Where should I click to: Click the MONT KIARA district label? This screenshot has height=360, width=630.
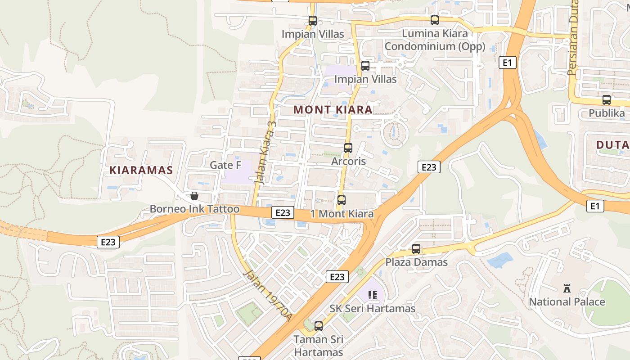pos(333,109)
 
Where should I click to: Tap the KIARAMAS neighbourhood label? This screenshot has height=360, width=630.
pos(141,170)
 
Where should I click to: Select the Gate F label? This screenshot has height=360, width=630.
pos(225,165)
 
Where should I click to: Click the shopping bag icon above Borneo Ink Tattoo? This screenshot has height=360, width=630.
pos(194,196)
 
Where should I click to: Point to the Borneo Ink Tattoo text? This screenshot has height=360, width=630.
pos(194,209)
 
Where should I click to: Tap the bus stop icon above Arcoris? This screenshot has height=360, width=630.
pos(348,148)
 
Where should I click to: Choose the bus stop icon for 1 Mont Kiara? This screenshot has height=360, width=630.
pos(341,200)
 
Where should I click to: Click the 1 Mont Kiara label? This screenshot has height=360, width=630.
pos(342,214)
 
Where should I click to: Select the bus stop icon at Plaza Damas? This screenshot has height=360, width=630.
pos(416,249)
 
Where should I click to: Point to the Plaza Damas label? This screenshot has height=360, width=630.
pos(416,262)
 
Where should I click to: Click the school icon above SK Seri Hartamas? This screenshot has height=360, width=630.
pos(372,295)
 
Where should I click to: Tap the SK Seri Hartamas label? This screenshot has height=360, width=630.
pos(372,309)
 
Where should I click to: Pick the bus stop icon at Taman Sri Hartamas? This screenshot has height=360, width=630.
pos(319,326)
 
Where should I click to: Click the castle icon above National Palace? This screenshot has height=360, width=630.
pos(567,288)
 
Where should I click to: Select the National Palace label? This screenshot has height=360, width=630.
pos(567,301)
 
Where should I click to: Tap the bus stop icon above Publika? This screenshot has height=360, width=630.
pos(606,100)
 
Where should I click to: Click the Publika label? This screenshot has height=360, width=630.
pos(607,113)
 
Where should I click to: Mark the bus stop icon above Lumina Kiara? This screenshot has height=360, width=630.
pos(434,20)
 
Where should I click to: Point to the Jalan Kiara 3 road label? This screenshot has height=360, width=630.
pos(265,151)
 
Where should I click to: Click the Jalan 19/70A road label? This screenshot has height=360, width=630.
pos(268,295)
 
